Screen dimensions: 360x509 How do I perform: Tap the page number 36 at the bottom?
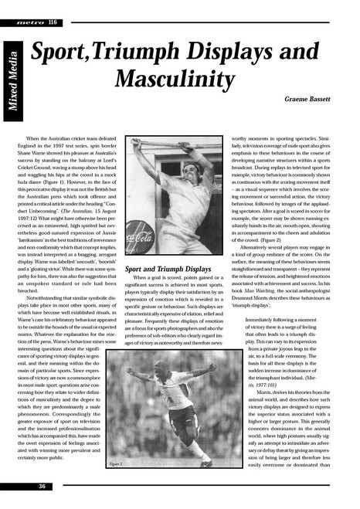42,486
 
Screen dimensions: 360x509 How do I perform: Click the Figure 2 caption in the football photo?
116,463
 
